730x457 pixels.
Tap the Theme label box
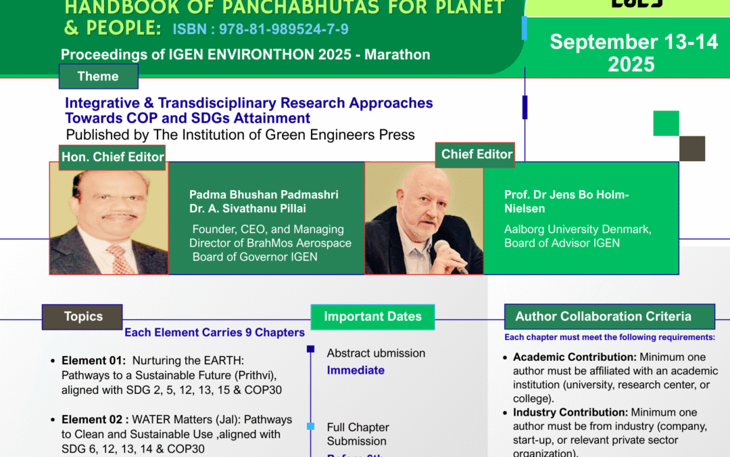click(x=99, y=77)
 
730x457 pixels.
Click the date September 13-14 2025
click(x=633, y=53)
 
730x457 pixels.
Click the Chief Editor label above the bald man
click(x=477, y=154)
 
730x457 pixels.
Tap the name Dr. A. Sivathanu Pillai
click(x=247, y=209)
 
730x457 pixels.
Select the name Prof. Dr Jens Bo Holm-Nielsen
click(x=566, y=201)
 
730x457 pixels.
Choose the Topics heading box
click(x=83, y=317)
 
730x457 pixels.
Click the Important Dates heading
click(x=372, y=317)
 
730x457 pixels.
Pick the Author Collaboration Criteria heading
click(x=603, y=316)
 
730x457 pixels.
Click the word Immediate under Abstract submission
click(x=356, y=370)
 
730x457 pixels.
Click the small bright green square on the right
click(x=666, y=123)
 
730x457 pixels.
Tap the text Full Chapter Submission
click(x=358, y=434)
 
